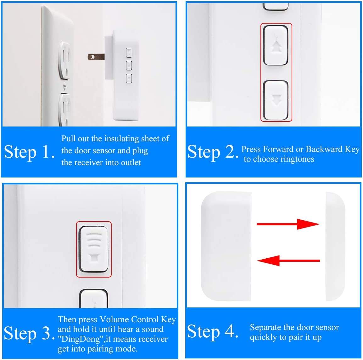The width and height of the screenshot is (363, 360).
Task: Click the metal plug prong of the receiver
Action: click(x=96, y=57)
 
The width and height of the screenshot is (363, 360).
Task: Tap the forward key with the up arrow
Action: click(x=276, y=45)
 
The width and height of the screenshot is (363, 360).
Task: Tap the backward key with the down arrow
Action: click(x=276, y=100)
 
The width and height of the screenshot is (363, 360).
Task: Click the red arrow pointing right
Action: click(x=288, y=224)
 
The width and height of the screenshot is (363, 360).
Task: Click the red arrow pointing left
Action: click(x=288, y=261)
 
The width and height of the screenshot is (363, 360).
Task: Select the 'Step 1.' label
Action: click(x=29, y=152)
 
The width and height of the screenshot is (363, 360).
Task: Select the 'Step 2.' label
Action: click(x=213, y=152)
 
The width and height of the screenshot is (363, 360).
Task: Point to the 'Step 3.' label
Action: click(x=29, y=333)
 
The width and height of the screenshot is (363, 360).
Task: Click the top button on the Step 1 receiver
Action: click(x=129, y=52)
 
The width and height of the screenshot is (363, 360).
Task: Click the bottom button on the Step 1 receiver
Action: click(x=129, y=78)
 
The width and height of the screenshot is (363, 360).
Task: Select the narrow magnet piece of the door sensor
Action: click(x=335, y=246)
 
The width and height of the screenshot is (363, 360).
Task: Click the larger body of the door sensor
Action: click(x=226, y=246)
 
